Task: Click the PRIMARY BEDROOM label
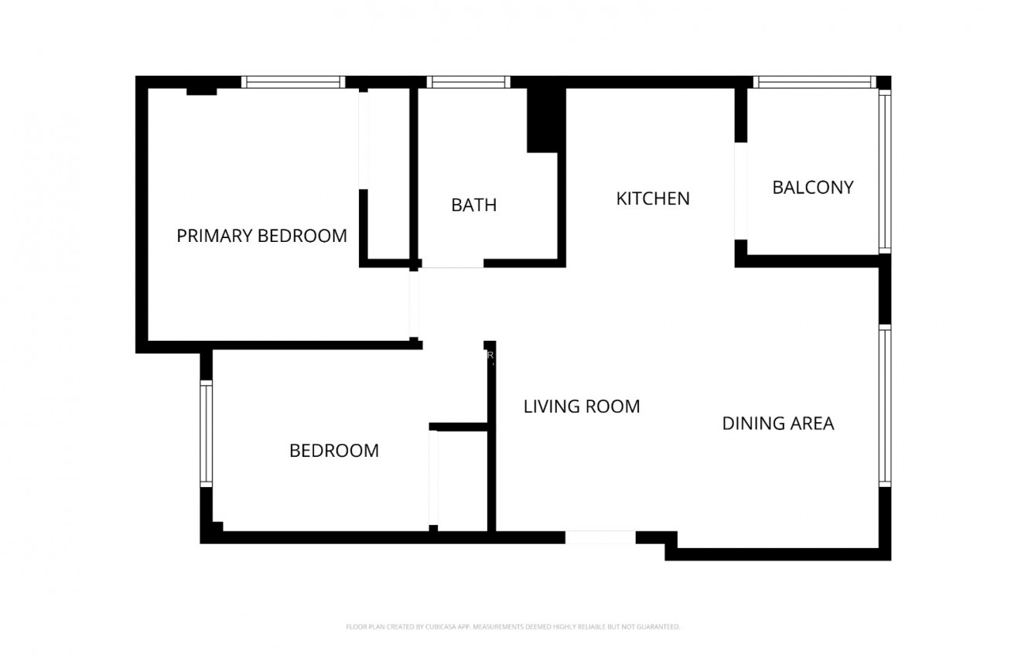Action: click(x=261, y=236)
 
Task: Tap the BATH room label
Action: click(x=473, y=205)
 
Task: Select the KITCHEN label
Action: click(x=652, y=199)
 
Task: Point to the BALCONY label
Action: click(x=812, y=187)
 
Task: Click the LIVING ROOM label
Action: click(x=582, y=406)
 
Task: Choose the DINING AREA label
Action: click(x=777, y=424)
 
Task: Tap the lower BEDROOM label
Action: click(x=333, y=451)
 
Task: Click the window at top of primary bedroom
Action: click(x=292, y=82)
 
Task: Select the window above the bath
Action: click(x=468, y=82)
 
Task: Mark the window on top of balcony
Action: click(x=814, y=82)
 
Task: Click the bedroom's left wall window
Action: click(x=206, y=434)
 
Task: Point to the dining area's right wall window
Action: click(x=885, y=406)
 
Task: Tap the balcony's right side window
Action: click(x=885, y=171)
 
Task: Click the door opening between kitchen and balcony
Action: click(x=741, y=191)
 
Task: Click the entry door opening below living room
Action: click(x=600, y=536)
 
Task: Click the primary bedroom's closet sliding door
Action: click(x=363, y=140)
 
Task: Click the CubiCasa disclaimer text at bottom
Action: click(x=512, y=627)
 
